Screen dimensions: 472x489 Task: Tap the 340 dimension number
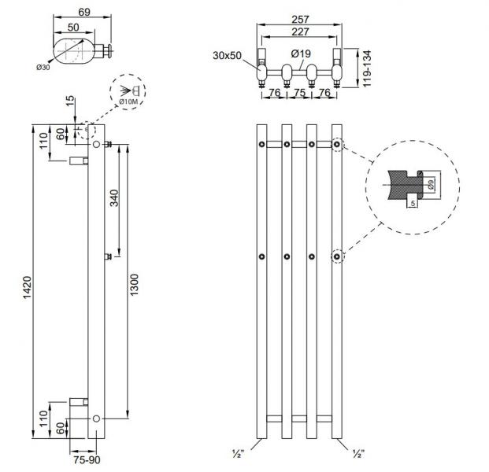(114, 198)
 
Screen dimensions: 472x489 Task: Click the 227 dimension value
(300, 31)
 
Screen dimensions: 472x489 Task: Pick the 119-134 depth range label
(367, 68)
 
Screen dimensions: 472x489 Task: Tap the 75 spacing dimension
(300, 91)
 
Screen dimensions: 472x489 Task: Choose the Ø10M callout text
(128, 102)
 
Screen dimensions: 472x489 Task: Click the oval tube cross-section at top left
(71, 48)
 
